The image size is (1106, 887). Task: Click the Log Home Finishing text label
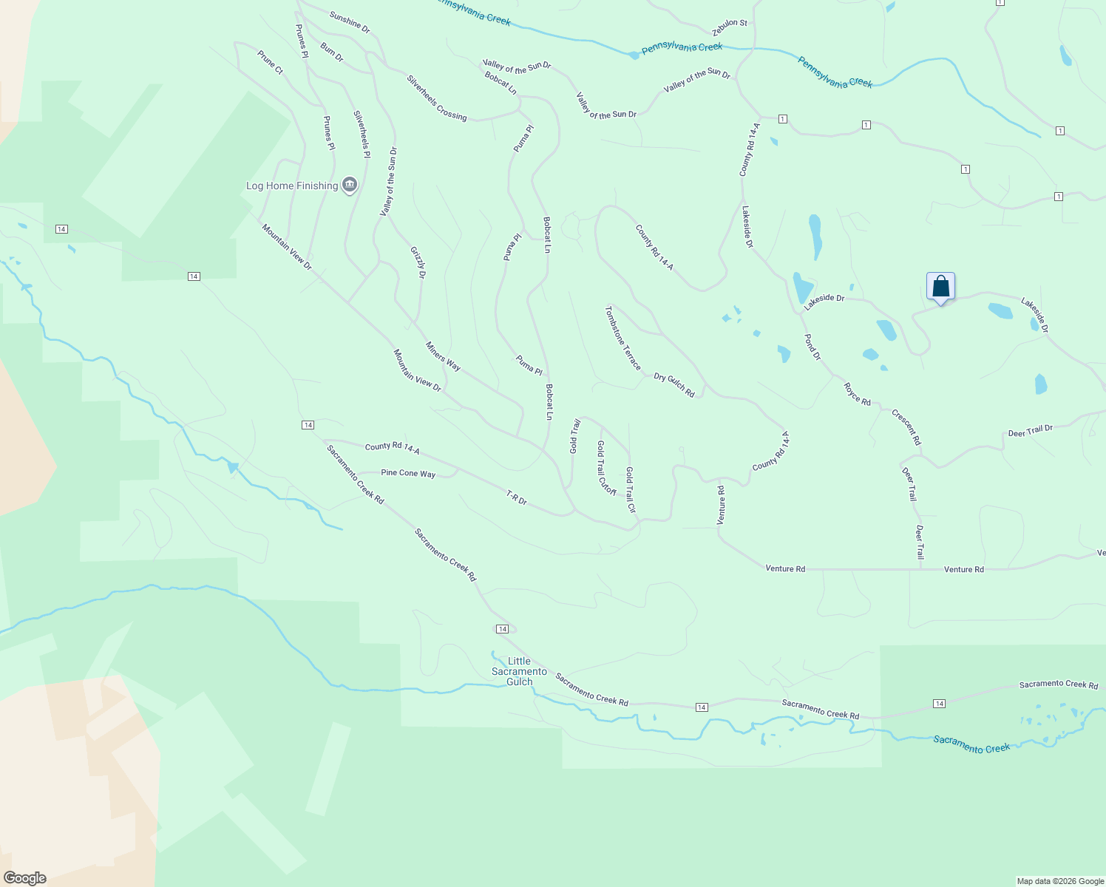coord(291,186)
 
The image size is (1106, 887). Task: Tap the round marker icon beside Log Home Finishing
coord(350,185)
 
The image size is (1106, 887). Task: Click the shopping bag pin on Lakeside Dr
coord(940,287)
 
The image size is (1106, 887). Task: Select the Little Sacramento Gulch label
coord(519,671)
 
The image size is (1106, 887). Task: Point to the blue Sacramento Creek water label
coord(971,744)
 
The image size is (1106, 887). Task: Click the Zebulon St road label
coord(730,27)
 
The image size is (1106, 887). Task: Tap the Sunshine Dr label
coord(350,22)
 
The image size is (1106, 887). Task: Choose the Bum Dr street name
coord(332,52)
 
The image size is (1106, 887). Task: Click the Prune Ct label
coord(270,62)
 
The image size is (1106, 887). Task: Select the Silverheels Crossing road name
coord(436,98)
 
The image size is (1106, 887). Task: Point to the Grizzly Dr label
coord(418,263)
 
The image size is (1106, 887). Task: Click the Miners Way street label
coord(443,356)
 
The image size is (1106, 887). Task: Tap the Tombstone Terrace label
coord(622,338)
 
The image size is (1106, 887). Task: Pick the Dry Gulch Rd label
coord(674,385)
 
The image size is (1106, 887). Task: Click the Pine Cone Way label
coord(408,473)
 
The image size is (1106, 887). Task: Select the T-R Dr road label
coord(516,497)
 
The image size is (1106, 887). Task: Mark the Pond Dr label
coord(812,347)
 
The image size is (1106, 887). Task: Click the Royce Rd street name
coord(857,394)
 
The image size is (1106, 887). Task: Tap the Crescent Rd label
coord(906,427)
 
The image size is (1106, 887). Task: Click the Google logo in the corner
coord(25,877)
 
